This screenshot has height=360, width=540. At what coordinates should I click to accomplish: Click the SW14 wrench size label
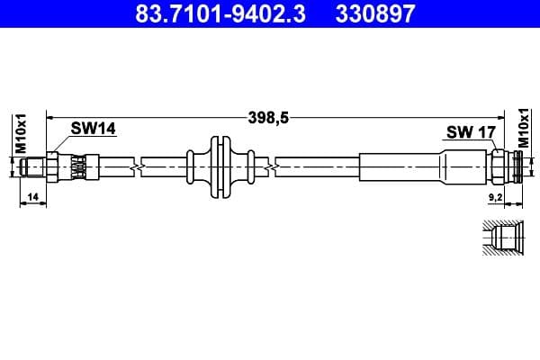coord(94,130)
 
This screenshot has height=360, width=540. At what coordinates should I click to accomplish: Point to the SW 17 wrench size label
coord(471,133)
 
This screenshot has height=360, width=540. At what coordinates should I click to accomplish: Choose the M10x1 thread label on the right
coord(525,130)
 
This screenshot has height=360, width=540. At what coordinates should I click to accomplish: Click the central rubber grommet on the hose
coord(216,167)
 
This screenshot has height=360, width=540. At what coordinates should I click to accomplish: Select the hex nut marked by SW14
coord(54,167)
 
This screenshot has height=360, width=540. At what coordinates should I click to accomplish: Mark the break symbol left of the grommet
coord(135,167)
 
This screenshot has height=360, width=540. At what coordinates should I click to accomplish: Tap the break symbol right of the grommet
coord(271,167)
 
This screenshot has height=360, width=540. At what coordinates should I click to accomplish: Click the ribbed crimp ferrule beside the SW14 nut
coord(79,167)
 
